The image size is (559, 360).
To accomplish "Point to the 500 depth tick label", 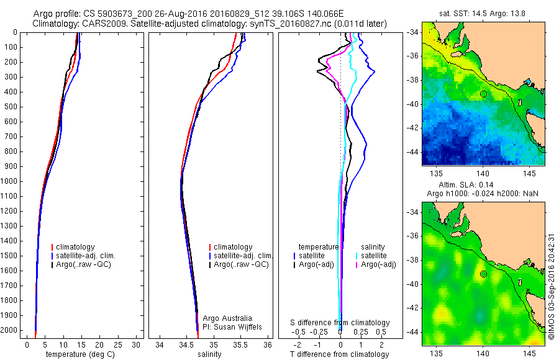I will coord(10,107).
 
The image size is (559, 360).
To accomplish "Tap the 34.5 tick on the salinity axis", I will coord(186,344).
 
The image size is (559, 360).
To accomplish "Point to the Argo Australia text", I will coord(228,318).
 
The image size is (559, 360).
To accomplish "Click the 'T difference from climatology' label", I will coord(339,354).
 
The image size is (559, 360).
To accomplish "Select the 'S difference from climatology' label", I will coord(340,323).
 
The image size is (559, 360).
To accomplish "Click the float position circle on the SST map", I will coord(483,94).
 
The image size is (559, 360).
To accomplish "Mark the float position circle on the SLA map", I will coord(483,274).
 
